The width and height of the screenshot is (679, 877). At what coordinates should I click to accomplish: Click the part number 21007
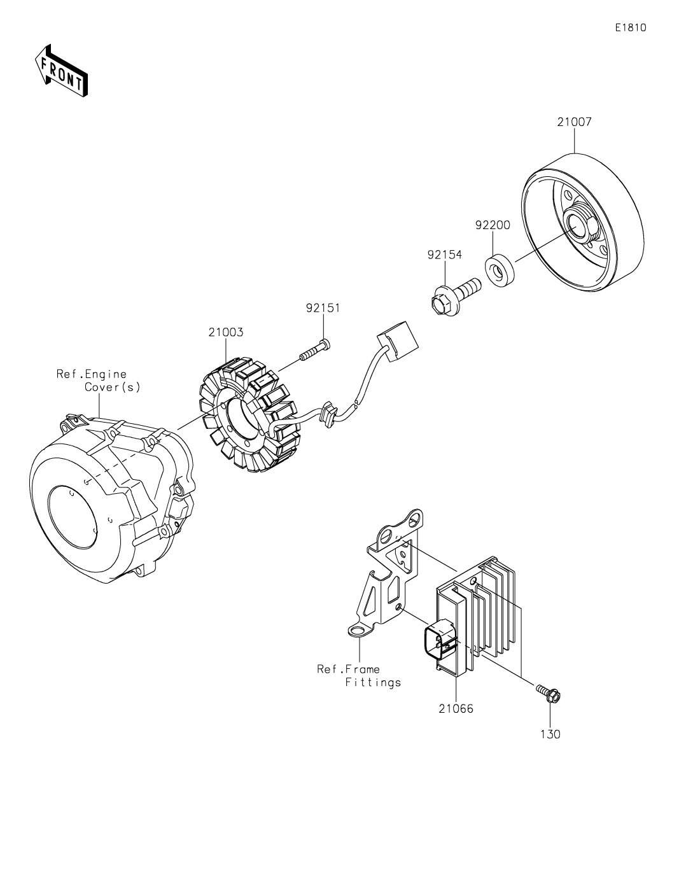click(574, 122)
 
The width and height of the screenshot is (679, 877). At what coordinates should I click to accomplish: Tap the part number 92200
click(492, 225)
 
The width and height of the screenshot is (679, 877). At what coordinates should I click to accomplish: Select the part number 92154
click(445, 255)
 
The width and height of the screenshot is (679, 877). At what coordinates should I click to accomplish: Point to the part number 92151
click(323, 308)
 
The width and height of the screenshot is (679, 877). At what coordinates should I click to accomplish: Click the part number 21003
click(226, 332)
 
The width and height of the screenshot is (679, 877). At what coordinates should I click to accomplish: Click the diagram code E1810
click(631, 27)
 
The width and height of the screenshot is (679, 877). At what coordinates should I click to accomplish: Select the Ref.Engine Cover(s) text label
click(99, 381)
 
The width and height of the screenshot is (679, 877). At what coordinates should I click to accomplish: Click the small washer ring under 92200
click(500, 270)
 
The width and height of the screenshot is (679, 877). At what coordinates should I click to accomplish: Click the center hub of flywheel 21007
click(578, 229)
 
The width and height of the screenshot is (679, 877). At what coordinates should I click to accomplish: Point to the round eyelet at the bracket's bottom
click(357, 631)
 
